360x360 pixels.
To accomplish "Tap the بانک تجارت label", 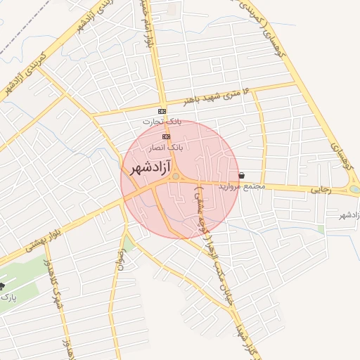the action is point(162,122).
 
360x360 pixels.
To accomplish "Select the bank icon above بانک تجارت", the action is point(162,112).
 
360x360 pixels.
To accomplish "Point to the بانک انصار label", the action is point(167,148).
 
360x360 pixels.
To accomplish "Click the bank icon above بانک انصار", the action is point(166,136).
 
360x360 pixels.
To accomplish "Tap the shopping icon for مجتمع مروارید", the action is point(242,175).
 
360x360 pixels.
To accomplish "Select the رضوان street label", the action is point(118,267).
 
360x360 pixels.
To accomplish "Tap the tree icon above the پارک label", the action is point(2,286).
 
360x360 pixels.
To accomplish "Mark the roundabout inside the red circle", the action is point(175,177).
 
